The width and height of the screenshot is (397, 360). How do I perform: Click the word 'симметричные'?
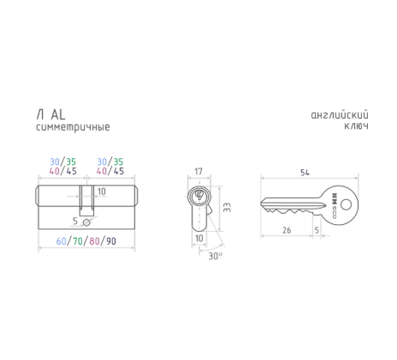72,127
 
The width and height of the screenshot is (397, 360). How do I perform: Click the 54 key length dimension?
305,172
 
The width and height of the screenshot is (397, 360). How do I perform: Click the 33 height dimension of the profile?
227,208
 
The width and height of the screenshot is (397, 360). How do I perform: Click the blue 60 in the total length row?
62,242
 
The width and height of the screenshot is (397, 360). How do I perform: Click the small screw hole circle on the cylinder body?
86,223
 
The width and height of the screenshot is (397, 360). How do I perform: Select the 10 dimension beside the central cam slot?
101,192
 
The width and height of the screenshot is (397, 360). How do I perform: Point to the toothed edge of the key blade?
287,211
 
